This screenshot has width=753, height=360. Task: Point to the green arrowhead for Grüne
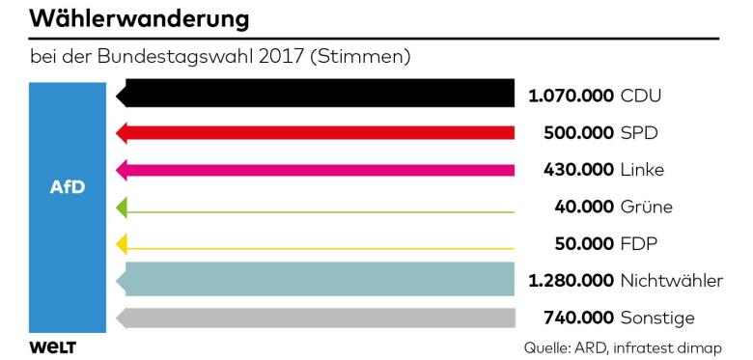pyautogui.click(x=122, y=206)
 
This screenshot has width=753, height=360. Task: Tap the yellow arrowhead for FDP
pyautogui.click(x=122, y=243)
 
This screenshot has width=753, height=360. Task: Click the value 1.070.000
pyautogui.click(x=571, y=96)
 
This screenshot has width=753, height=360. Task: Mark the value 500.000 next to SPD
pyautogui.click(x=578, y=132)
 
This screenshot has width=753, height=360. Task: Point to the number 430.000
pyautogui.click(x=578, y=169)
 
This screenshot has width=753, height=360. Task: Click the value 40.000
pyautogui.click(x=584, y=207)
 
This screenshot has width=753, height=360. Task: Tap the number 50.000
pyautogui.click(x=584, y=243)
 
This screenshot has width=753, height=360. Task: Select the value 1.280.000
pyautogui.click(x=571, y=281)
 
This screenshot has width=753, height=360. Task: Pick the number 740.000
pyautogui.click(x=578, y=318)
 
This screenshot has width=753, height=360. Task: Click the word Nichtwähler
pyautogui.click(x=671, y=281)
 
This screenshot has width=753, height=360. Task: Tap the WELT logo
pyautogui.click(x=53, y=346)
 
